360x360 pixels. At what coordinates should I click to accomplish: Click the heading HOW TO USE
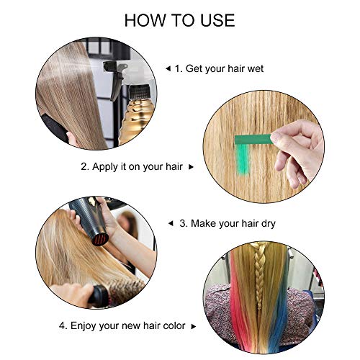[x=179, y=20]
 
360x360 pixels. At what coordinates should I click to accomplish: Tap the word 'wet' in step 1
[x=256, y=68]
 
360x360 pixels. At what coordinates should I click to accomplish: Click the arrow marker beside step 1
[x=168, y=69]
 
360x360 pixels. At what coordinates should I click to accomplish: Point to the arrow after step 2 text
[x=191, y=167]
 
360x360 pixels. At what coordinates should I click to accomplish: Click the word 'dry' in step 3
[x=269, y=224]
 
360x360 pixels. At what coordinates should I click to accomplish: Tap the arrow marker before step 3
[x=171, y=224]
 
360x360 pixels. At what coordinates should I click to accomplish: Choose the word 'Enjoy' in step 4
[x=83, y=326]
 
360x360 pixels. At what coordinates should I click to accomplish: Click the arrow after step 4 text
[x=194, y=326]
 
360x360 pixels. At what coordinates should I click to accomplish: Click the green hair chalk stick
[x=254, y=140]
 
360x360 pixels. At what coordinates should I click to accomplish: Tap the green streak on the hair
[x=243, y=159]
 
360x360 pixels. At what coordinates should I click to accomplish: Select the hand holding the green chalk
[x=297, y=151]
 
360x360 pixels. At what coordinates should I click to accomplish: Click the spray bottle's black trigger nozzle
[x=114, y=77]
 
